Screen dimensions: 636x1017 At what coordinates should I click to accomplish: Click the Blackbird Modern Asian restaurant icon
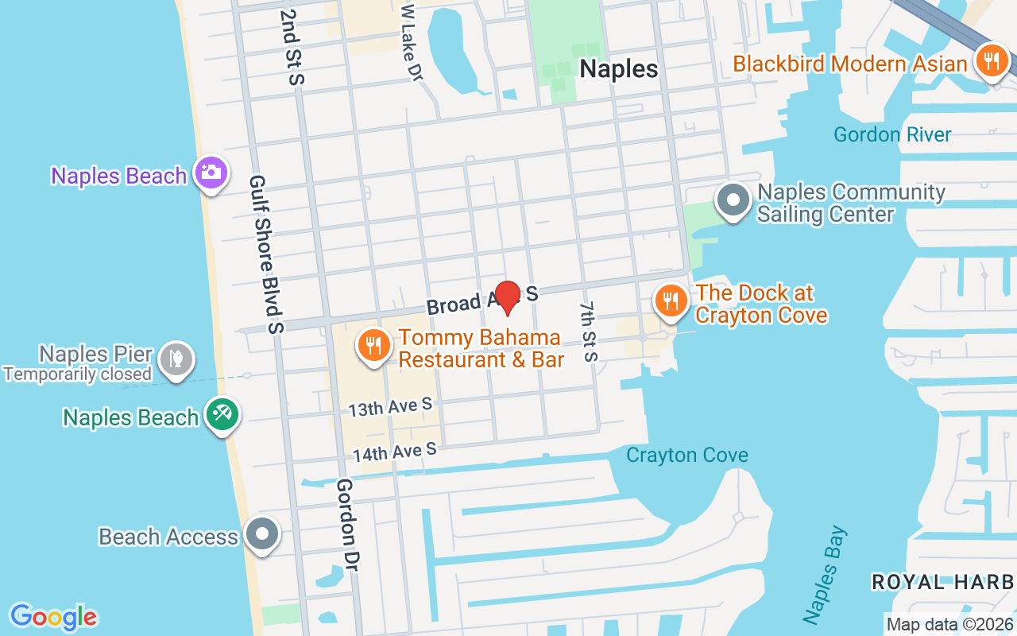[x=990, y=61]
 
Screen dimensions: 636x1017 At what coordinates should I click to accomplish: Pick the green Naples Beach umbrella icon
[x=222, y=414]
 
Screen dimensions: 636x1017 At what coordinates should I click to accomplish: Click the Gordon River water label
[x=892, y=134]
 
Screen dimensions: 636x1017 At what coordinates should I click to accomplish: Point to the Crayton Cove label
[x=687, y=456]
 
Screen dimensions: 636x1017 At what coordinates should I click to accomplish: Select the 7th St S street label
[x=587, y=331]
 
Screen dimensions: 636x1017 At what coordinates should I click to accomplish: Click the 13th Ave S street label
[x=390, y=407]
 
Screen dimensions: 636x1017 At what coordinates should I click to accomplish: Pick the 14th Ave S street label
[x=395, y=452]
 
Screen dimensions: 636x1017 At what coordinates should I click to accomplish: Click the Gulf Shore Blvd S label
[x=265, y=254]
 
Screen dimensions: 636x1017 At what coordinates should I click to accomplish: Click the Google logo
[x=53, y=617]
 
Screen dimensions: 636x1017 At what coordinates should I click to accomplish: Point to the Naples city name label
[x=619, y=69]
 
